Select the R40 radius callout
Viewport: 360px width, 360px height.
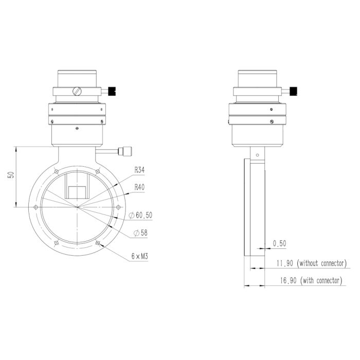(x=140, y=187)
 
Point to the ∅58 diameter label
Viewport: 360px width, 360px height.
(x=140, y=233)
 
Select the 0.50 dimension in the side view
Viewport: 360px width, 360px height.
(x=280, y=243)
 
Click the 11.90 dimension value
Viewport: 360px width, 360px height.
(x=284, y=263)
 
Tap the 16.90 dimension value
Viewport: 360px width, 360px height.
(x=284, y=280)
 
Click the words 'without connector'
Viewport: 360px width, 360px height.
(x=322, y=263)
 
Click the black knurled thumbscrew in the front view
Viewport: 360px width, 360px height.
(x=114, y=92)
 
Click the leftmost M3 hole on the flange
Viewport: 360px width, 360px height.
(x=35, y=207)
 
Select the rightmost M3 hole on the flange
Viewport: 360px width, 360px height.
(x=119, y=207)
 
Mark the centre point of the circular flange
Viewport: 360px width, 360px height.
(x=77, y=207)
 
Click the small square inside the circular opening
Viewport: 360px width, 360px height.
(x=77, y=192)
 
